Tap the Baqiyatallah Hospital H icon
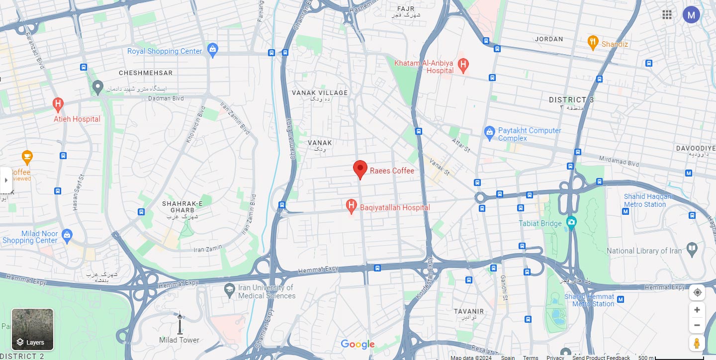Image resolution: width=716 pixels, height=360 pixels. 352,206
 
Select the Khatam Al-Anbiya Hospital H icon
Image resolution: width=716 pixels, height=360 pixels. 463,64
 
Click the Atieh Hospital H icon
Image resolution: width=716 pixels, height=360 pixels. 58,104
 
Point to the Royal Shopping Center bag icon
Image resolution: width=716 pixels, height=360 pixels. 213,50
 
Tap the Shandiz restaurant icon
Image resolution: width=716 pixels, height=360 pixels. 592,42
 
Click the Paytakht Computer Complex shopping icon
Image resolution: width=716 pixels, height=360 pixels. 489,132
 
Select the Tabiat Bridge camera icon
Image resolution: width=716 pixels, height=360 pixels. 571,222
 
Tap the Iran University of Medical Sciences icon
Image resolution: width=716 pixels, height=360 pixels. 229,290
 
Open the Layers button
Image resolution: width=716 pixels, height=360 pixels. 32,329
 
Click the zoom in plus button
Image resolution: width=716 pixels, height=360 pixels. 697,310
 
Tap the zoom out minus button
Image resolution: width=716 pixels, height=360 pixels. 697,325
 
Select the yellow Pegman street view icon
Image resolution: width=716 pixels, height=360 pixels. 697,343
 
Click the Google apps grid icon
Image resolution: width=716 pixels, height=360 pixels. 667,14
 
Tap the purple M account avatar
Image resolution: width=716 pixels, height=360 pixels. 691,14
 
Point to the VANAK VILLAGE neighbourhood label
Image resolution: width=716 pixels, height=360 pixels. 320,93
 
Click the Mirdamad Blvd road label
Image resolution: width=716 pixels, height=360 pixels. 619,163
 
